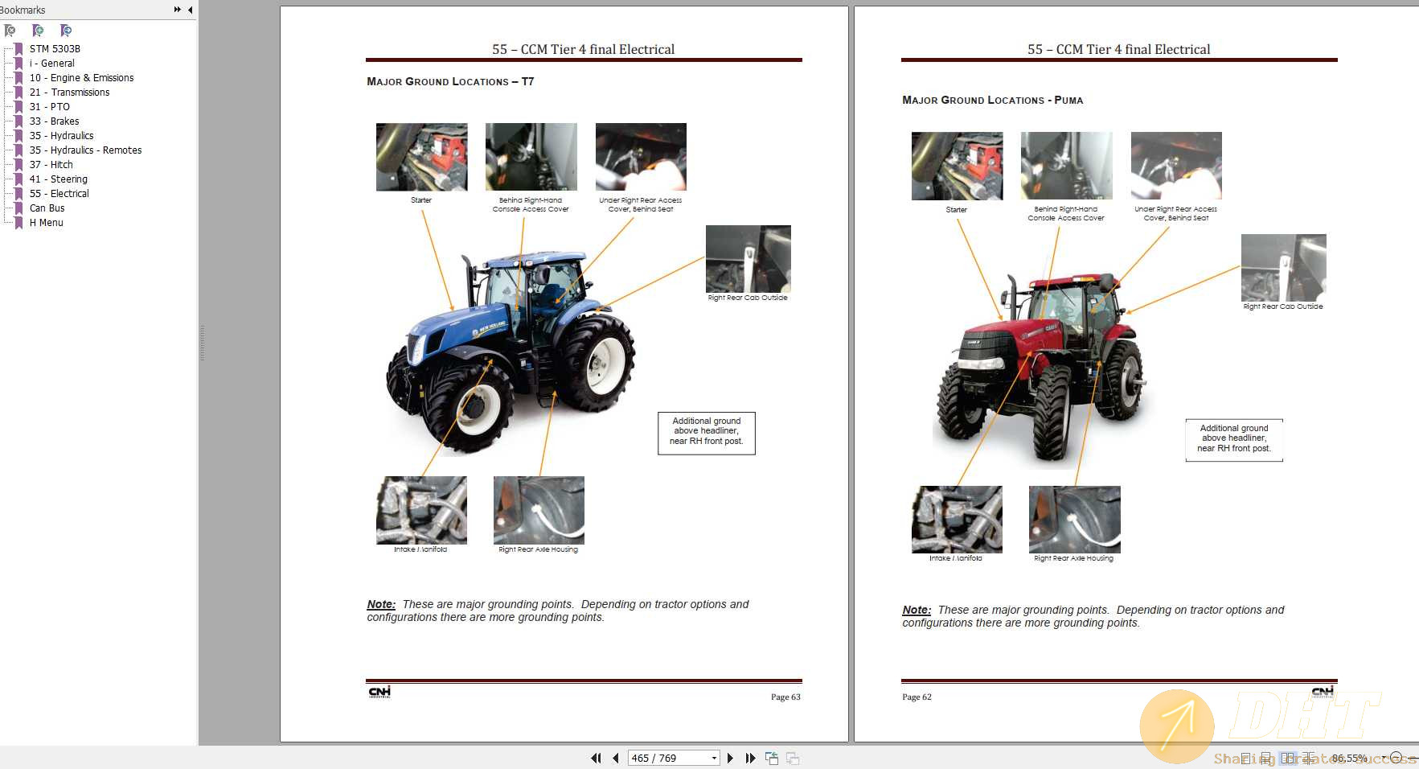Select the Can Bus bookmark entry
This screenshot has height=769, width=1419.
pos(47,208)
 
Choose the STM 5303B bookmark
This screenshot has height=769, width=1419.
pos(55,49)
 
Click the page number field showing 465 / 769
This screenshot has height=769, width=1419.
pos(668,758)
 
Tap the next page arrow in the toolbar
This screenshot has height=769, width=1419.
pos(730,758)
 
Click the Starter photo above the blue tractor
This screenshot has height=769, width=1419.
pos(421,157)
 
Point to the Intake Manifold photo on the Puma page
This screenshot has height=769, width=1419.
pos(957,520)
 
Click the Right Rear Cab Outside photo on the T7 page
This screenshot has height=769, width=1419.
pos(748,259)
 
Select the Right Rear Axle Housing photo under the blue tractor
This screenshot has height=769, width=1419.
pos(539,511)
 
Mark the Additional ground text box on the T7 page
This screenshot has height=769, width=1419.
pos(706,432)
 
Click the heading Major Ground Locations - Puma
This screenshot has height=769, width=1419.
pos(992,101)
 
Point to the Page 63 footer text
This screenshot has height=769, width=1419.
pos(785,697)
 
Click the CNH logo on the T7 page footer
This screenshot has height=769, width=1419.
pos(379,692)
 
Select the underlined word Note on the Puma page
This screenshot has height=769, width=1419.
pos(916,611)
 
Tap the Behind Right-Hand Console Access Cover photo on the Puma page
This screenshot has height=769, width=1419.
pos(1066,166)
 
